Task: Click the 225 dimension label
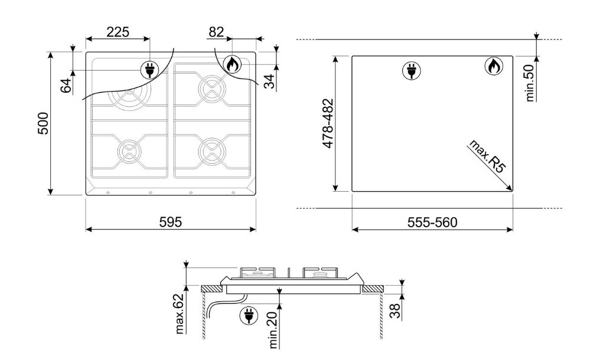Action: coord(118,32)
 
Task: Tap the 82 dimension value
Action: coord(216,32)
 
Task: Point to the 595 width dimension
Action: coord(171,222)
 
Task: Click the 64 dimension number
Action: coord(66,86)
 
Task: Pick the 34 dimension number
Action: coord(269,81)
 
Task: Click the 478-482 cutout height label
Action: coord(328,123)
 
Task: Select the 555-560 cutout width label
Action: coord(432,222)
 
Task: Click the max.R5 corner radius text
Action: coord(487,156)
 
